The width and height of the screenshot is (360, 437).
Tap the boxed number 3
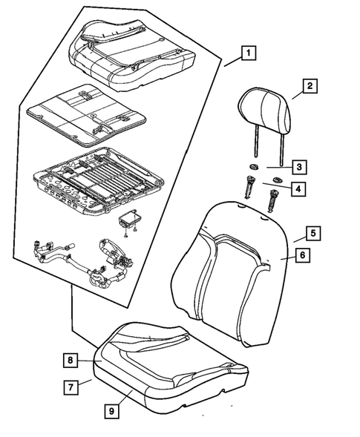[x=298, y=167]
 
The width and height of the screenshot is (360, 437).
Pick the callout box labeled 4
[x=298, y=189]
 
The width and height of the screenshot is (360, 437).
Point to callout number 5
[x=314, y=233]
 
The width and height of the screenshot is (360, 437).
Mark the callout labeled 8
[x=70, y=361]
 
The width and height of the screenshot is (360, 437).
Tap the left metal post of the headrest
[x=254, y=145]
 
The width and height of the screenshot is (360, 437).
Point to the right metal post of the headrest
[x=283, y=148]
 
